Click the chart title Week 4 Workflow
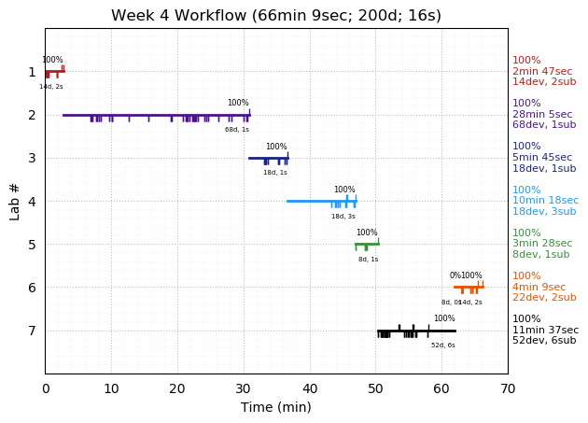tap(275, 16)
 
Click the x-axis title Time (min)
tap(275, 407)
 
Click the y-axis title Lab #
tap(15, 201)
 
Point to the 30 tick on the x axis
tap(244, 374)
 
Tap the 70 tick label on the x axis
tap(508, 388)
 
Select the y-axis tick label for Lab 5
tap(32, 245)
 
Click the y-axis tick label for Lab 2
tap(32, 115)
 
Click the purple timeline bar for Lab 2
tap(149, 115)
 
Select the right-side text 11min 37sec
tap(545, 331)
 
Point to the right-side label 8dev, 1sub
tap(540, 255)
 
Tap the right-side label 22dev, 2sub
tap(544, 298)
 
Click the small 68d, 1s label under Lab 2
tap(237, 130)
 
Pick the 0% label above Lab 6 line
tap(455, 276)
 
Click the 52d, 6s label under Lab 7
tap(443, 345)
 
